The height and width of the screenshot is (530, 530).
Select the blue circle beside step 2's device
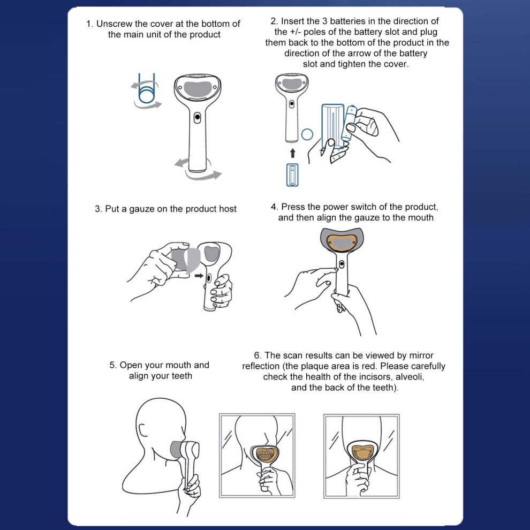[307, 134]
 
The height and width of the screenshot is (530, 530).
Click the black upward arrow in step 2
[293, 153]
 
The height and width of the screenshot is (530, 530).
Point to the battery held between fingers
[349, 123]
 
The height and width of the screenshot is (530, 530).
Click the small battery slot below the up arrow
[292, 175]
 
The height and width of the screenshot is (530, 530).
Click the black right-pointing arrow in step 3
[199, 276]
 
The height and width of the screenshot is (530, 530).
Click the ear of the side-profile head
[143, 430]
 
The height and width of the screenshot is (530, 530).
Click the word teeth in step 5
[182, 376]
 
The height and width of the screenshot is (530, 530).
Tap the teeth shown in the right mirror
[362, 452]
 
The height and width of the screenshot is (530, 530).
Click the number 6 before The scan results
[257, 355]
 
